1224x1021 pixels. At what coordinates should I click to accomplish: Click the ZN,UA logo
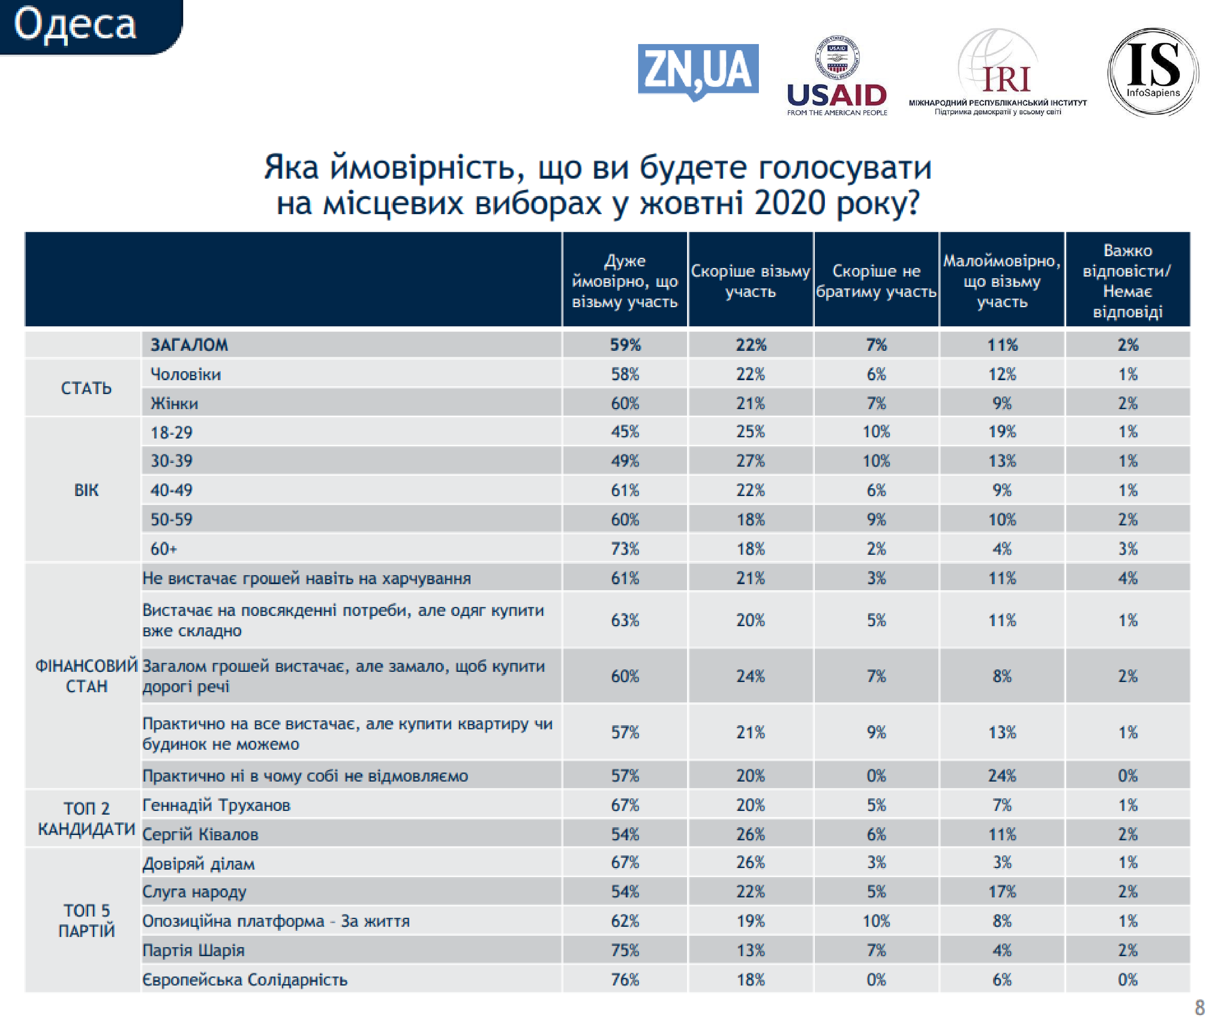coord(698,71)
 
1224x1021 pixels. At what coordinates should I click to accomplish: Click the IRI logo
coord(998,73)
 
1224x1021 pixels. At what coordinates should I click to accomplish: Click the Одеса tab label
coord(75,25)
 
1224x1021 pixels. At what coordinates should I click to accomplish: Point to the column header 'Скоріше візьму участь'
coord(750,281)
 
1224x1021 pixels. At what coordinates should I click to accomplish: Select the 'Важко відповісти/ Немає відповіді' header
coord(1127,281)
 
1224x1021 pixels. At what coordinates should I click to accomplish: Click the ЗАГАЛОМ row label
coord(189,345)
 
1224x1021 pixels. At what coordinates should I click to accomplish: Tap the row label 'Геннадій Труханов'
coord(216,805)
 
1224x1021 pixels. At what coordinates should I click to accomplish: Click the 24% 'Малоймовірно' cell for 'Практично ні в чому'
coord(1002,776)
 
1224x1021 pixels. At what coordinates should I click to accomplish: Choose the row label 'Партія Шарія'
coord(193,950)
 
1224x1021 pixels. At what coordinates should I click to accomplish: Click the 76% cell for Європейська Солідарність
coord(625,980)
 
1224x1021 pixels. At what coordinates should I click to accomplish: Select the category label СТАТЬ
coord(86,388)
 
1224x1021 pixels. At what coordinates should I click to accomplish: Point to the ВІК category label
coord(86,490)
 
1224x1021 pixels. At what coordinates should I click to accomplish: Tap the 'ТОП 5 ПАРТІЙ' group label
coord(86,920)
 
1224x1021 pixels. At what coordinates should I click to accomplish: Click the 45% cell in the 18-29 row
coord(625,432)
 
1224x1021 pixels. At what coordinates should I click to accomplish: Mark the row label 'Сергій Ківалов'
coord(200,835)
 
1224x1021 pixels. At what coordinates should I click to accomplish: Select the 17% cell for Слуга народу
coord(1002,892)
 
